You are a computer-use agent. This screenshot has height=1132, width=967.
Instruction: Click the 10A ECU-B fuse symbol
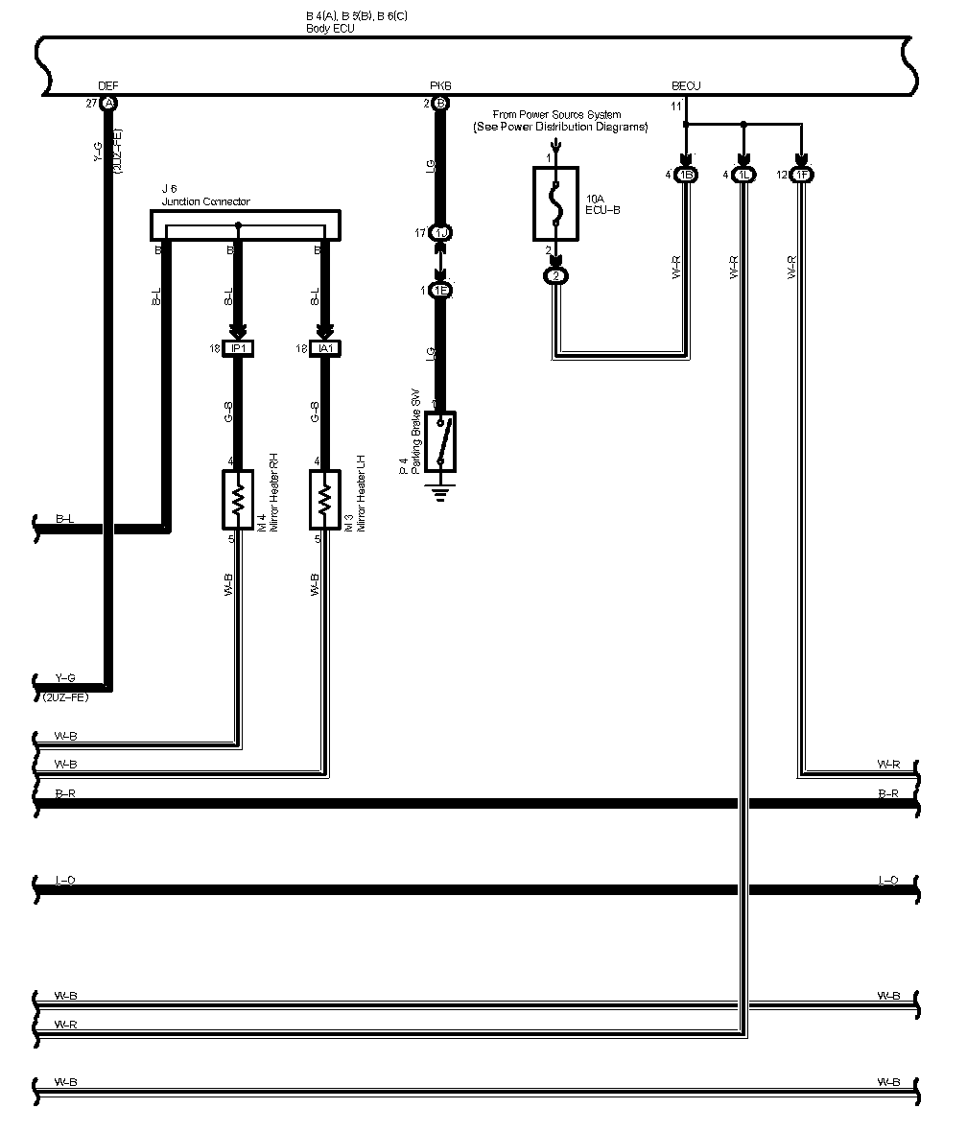[x=555, y=202]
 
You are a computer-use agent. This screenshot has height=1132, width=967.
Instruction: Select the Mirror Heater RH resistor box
[x=237, y=499]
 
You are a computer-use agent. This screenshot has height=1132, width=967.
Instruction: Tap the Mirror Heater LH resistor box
[x=324, y=499]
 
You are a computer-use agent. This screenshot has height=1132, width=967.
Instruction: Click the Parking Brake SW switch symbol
[x=440, y=441]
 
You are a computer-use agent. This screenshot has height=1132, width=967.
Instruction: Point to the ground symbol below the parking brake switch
[x=440, y=495]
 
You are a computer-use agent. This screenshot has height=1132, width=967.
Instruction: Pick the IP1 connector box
[x=237, y=349]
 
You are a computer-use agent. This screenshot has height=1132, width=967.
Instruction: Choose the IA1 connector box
[x=324, y=349]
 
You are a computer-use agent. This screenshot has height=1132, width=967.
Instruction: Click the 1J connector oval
[x=440, y=233]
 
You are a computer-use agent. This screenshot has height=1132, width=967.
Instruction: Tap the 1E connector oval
[x=440, y=290]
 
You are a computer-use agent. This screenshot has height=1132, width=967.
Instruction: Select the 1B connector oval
[x=686, y=176]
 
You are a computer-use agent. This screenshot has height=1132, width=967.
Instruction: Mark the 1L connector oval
[x=743, y=176]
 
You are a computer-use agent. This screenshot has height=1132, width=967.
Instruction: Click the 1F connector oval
[x=802, y=176]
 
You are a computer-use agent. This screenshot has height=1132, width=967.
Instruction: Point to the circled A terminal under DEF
[x=108, y=103]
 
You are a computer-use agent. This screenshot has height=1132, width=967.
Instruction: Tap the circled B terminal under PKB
[x=440, y=103]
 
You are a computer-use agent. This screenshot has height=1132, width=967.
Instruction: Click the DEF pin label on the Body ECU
[x=108, y=86]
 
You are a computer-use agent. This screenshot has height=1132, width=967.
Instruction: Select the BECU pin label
[x=686, y=86]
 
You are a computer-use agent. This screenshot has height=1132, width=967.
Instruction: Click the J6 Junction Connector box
[x=246, y=224]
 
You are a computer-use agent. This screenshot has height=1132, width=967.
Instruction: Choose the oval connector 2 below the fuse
[x=555, y=276]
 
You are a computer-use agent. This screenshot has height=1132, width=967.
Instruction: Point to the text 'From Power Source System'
[x=556, y=115]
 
